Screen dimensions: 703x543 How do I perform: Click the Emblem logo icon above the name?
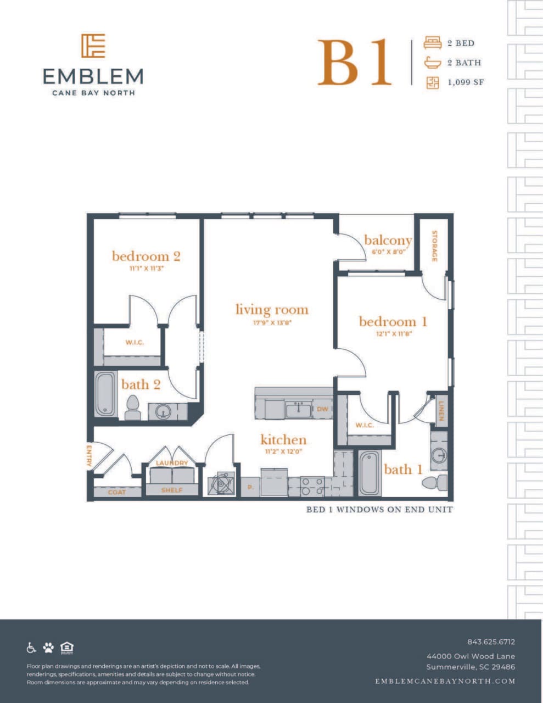tap(93, 46)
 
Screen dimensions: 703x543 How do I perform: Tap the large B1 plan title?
tap(354, 63)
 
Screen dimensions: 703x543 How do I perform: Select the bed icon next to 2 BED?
tap(433, 43)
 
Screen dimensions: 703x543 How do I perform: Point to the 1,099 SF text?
tap(466, 82)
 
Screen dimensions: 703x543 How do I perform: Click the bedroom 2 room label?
tap(146, 256)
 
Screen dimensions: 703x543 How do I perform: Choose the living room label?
tap(272, 310)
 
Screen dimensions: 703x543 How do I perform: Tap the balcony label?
tap(388, 240)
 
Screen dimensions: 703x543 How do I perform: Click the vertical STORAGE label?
tap(434, 246)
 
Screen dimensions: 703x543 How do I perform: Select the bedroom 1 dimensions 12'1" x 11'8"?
tap(393, 333)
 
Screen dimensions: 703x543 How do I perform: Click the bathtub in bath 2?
tap(105, 394)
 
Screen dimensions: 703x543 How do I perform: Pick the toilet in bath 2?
tap(132, 408)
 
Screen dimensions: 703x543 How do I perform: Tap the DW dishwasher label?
tap(322, 409)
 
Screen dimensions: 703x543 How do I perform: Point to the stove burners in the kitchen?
tap(311, 486)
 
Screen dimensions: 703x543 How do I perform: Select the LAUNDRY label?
tap(172, 463)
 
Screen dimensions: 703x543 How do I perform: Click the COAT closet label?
tap(117, 492)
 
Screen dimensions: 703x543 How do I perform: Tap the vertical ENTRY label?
tap(89, 455)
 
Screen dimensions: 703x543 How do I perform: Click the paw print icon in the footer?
tap(49, 648)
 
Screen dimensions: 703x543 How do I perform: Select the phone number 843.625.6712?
tap(491, 641)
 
